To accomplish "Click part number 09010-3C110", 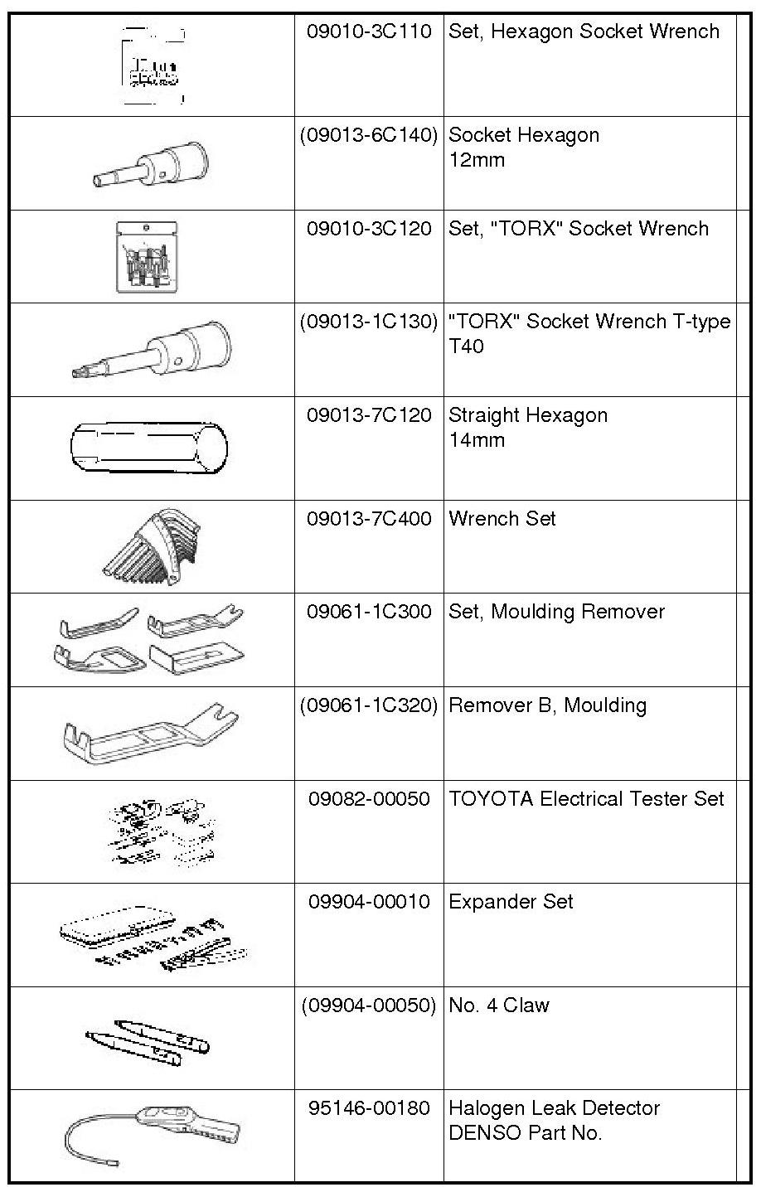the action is coord(369,31).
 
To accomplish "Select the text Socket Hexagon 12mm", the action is coord(523,147).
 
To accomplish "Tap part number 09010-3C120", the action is coord(369,229).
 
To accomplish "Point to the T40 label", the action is coord(466,346).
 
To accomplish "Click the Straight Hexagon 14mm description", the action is coord(528,427).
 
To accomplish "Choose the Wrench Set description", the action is coord(502,519).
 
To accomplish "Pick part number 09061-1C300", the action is coord(369,612).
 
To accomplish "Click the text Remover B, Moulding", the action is coord(547,705).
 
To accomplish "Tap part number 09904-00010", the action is coord(369,901).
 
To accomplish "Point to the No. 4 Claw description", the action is coord(499,1005).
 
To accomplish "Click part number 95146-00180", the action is coord(369,1107).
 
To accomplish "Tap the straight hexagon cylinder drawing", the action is coord(149,448).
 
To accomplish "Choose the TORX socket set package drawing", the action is coord(147,255).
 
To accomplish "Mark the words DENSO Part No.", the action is coord(525,1132).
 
